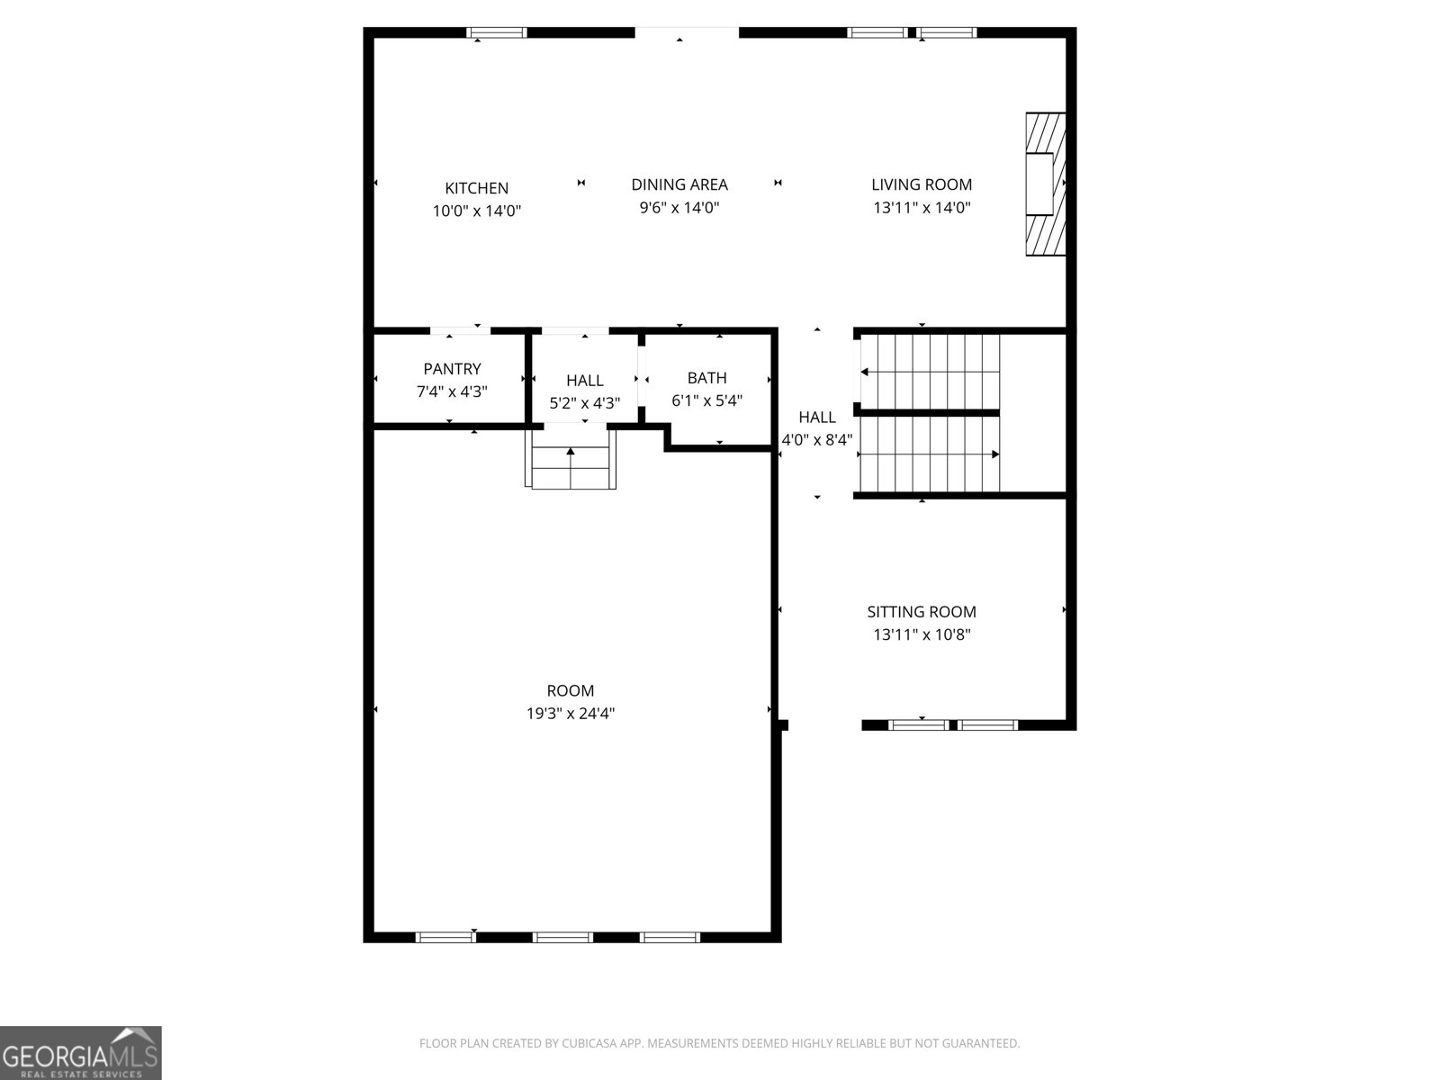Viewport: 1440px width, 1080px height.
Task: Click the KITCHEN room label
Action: click(x=476, y=188)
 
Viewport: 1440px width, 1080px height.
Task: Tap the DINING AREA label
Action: click(x=679, y=184)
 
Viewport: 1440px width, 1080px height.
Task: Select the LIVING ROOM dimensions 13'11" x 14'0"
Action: click(x=922, y=208)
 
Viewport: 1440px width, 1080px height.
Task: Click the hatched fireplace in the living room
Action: click(x=1046, y=184)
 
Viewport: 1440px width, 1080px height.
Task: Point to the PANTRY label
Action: click(x=452, y=369)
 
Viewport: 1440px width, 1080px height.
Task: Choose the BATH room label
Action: click(x=706, y=378)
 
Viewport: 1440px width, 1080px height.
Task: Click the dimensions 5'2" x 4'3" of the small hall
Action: click(x=584, y=403)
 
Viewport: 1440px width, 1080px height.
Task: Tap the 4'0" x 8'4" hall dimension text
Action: click(x=816, y=440)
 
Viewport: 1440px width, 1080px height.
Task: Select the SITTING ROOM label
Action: click(x=921, y=612)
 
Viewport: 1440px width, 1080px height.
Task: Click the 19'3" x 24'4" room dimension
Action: click(x=570, y=714)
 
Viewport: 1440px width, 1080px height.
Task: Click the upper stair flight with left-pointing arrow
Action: click(x=930, y=371)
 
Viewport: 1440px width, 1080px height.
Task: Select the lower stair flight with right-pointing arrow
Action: click(x=930, y=454)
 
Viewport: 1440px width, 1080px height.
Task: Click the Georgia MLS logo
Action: click(x=80, y=1052)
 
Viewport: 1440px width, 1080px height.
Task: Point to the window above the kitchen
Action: click(x=496, y=33)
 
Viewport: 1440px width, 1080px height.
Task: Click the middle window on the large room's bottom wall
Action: click(x=562, y=938)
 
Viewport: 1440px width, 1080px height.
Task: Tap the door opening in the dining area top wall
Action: click(x=687, y=33)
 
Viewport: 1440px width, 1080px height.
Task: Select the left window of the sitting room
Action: click(x=918, y=724)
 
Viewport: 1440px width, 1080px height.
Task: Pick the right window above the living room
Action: click(x=946, y=33)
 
